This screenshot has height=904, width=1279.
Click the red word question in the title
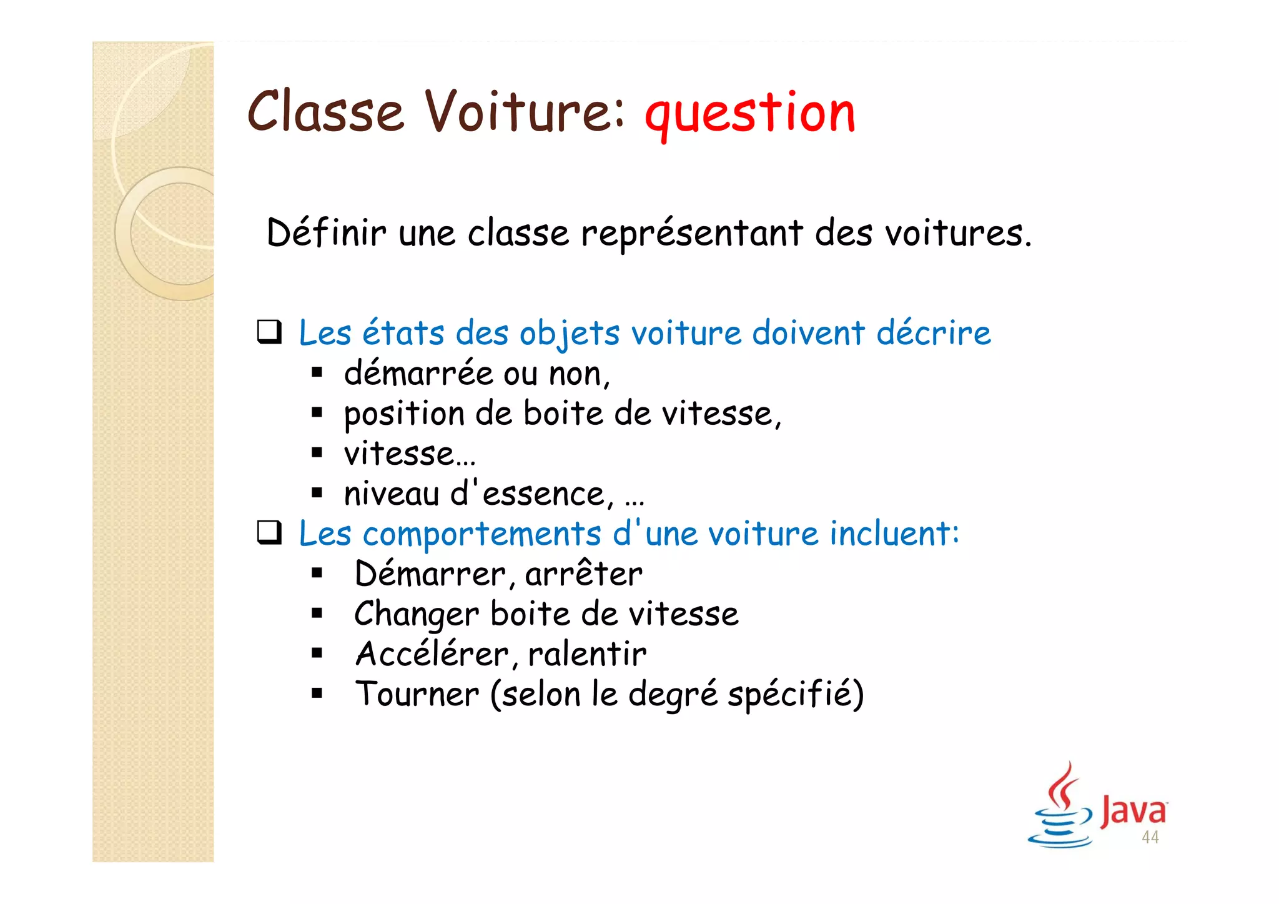(749, 114)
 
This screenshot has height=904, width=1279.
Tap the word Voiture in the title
(525, 112)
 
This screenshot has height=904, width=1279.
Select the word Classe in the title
(325, 112)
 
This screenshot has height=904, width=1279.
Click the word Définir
(326, 233)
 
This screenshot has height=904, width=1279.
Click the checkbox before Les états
(269, 332)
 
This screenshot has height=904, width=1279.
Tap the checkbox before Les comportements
(269, 533)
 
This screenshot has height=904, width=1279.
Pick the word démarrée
(418, 374)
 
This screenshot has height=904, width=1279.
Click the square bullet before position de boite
(317, 413)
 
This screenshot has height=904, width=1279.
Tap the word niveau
(392, 494)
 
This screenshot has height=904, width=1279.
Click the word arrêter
(583, 574)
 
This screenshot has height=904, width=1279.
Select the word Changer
(416, 615)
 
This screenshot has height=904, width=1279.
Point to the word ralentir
(587, 655)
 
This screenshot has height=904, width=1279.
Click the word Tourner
(417, 695)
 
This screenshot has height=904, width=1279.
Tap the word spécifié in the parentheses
(791, 695)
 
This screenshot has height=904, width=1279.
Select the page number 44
(1150, 838)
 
